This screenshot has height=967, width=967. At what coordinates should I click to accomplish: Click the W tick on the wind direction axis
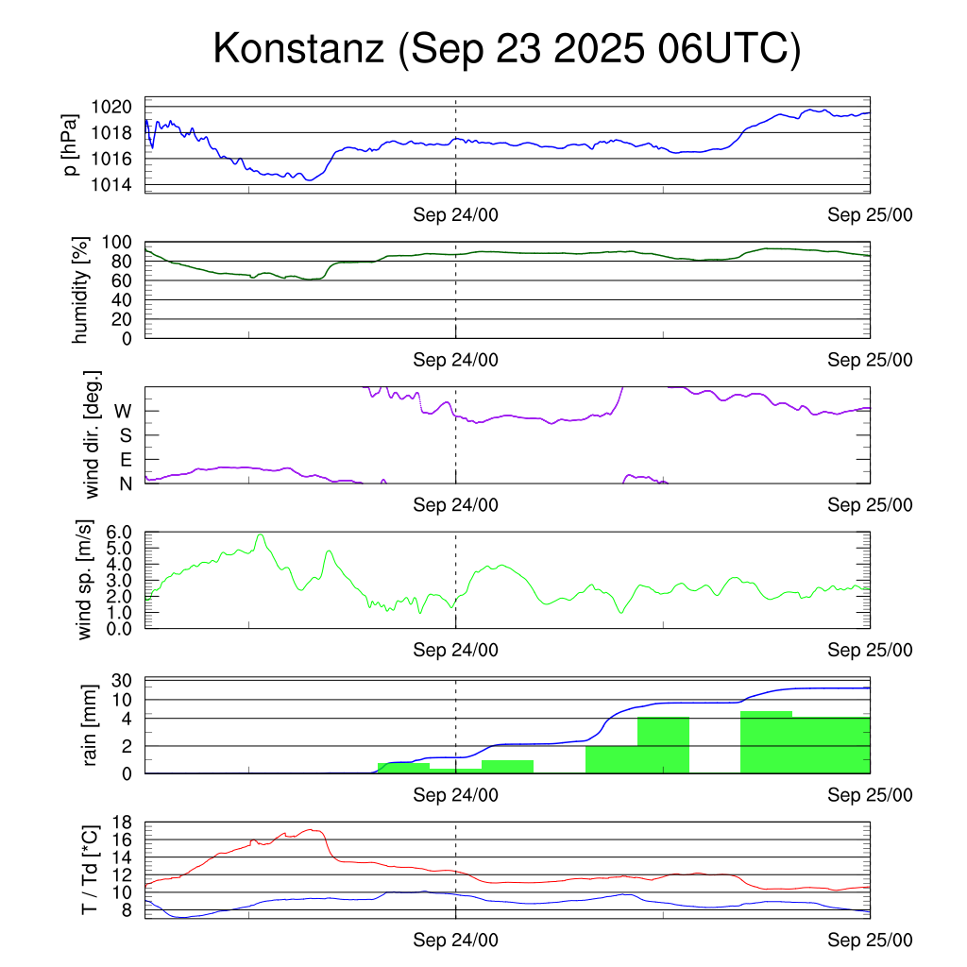[x=123, y=412]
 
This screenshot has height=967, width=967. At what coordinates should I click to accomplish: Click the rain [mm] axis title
[x=91, y=725]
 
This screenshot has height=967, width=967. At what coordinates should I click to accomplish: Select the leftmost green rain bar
[x=403, y=768]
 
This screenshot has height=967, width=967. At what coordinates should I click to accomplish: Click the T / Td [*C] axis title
[x=90, y=870]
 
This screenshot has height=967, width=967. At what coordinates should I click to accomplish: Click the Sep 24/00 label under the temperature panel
[x=455, y=941]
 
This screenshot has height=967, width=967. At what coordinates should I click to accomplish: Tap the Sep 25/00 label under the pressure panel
[x=870, y=215]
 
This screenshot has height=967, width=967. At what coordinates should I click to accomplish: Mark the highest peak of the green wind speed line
[x=260, y=535]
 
